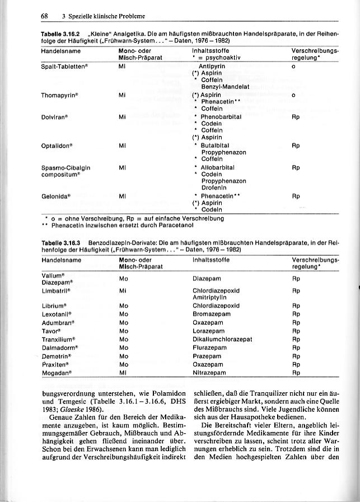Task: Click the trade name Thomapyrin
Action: pos(59,95)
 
